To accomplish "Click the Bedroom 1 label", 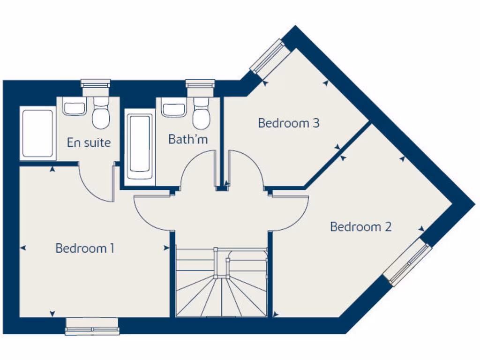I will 85,248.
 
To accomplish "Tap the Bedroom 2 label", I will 360,227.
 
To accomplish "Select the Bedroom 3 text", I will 289,123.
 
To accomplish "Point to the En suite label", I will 89,142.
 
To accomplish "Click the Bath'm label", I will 187,139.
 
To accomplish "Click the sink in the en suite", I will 74,108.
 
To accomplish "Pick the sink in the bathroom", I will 173,109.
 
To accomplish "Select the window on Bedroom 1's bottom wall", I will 92,326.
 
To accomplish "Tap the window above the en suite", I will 96,84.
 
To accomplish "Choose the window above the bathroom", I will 200,84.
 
